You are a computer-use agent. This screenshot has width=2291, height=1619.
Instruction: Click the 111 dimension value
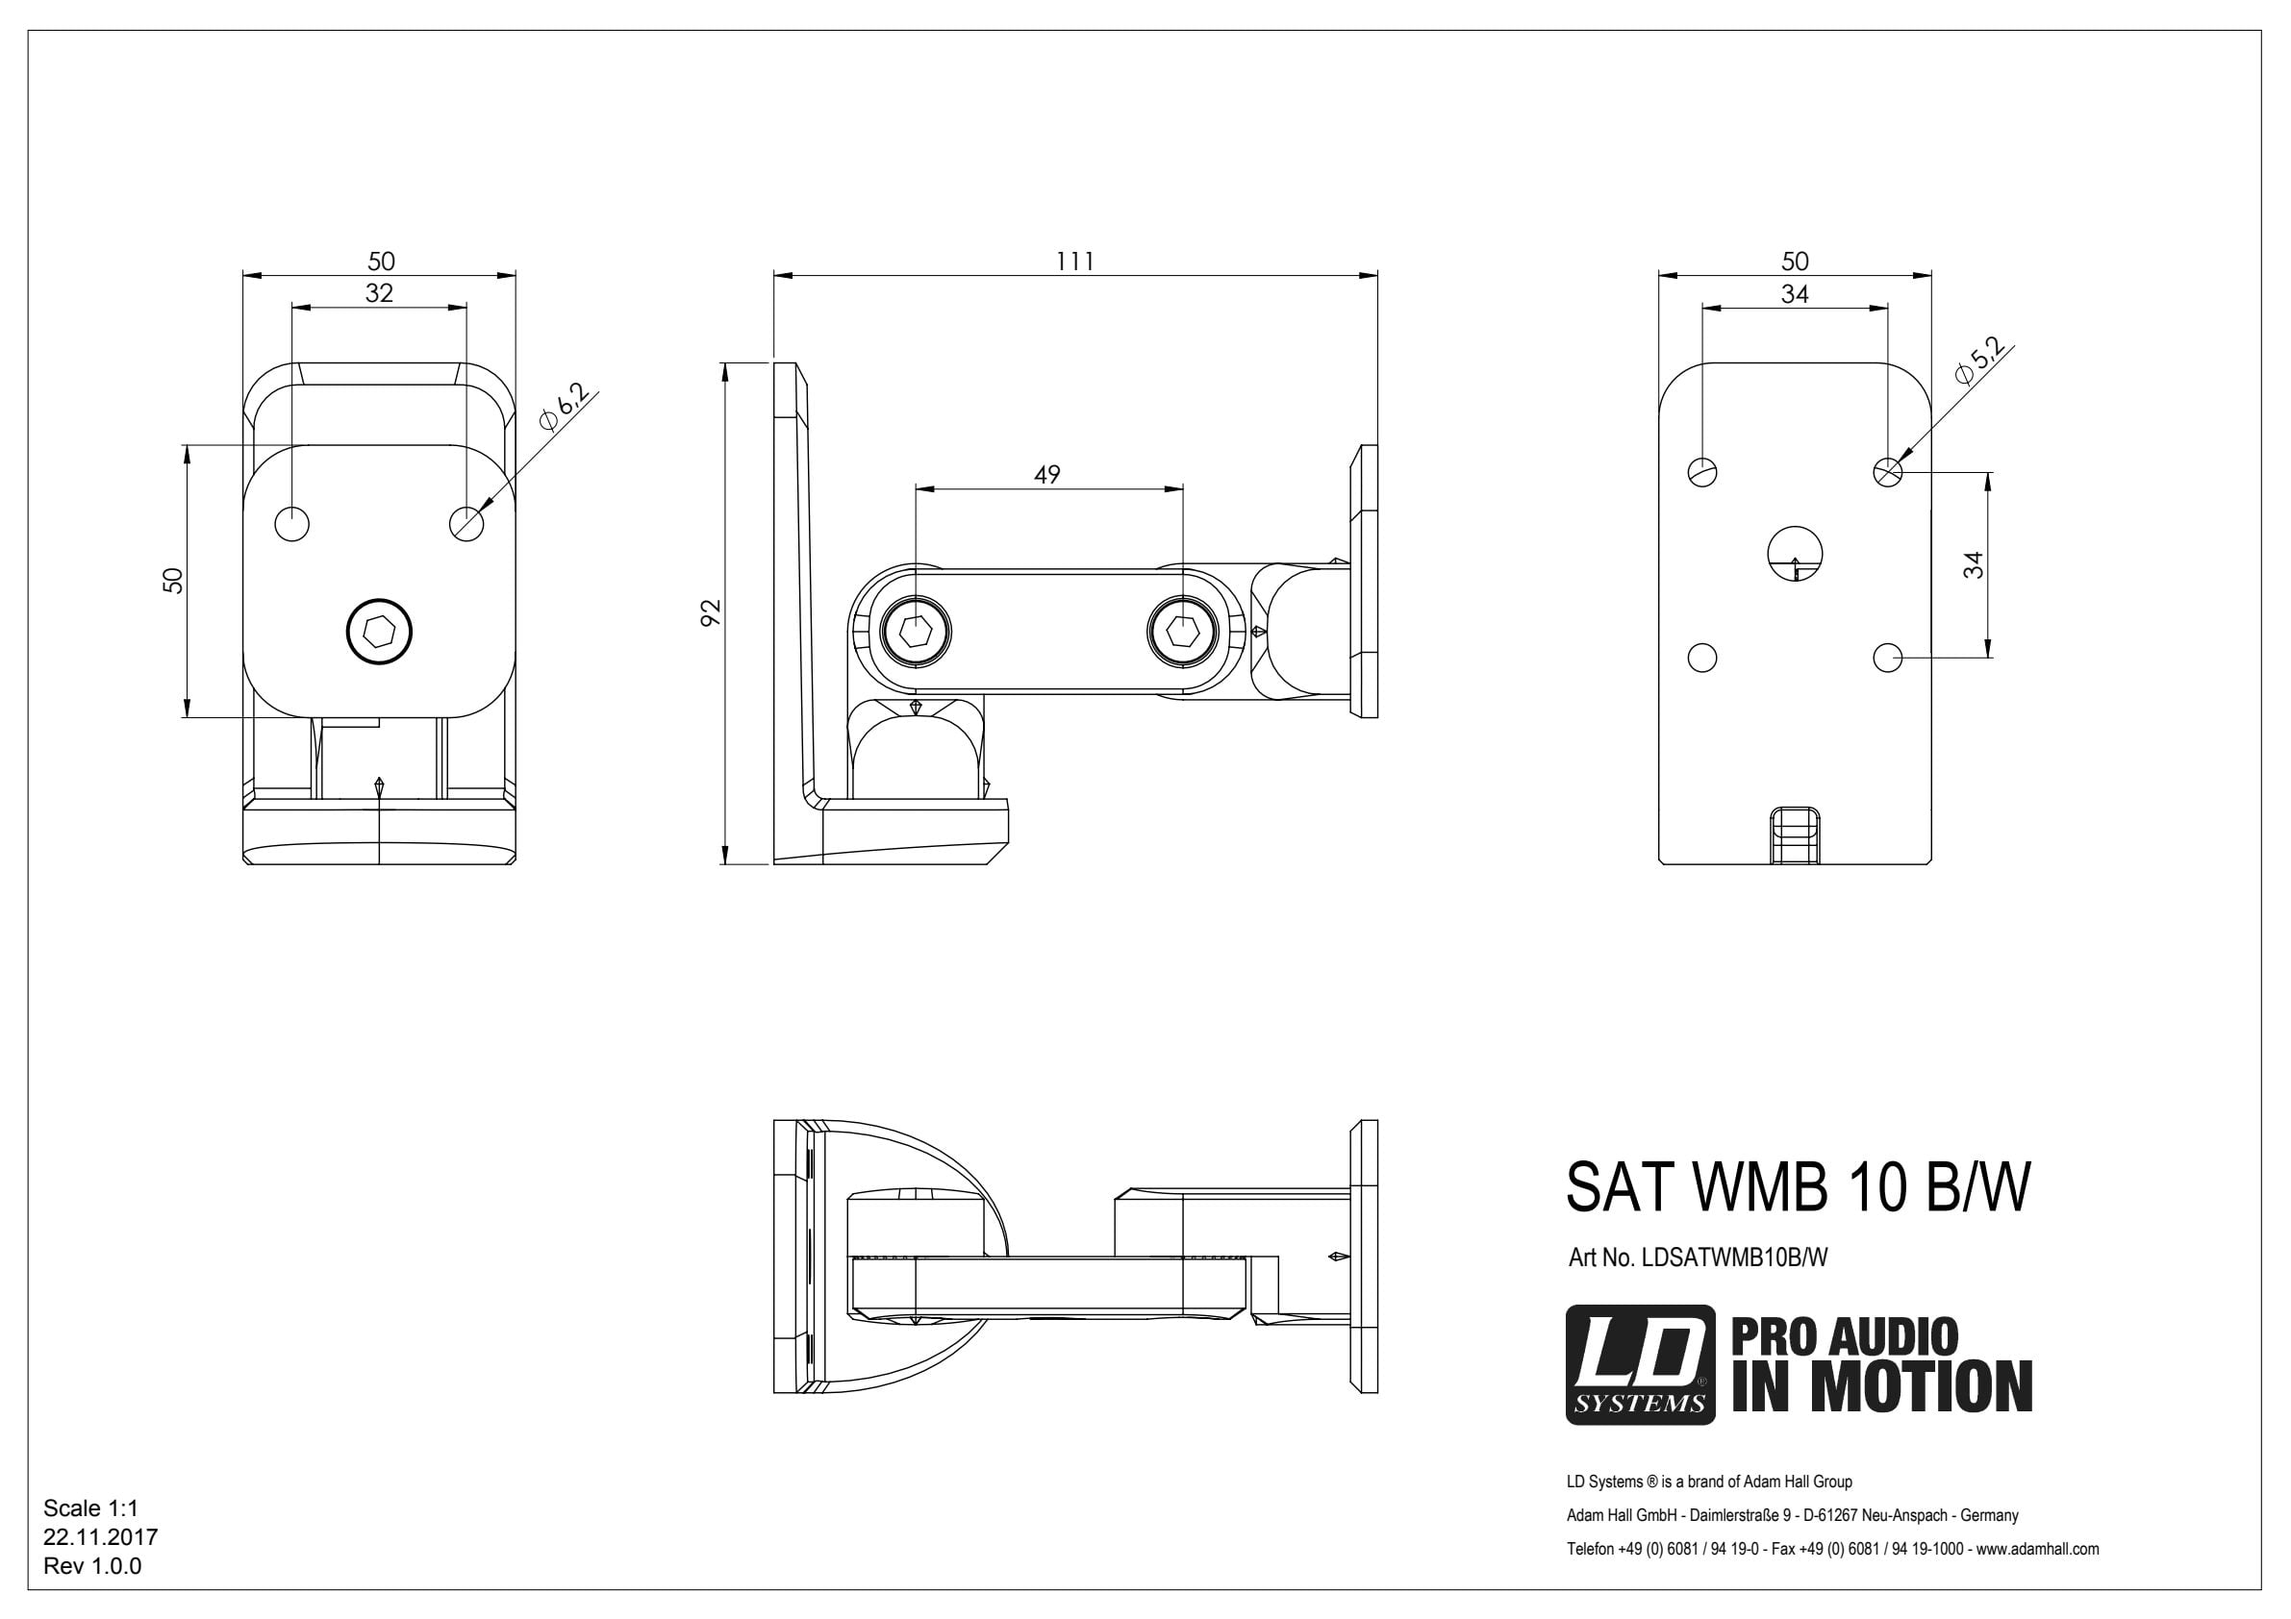[x=1075, y=262]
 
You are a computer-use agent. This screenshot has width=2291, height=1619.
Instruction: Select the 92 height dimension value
[x=710, y=612]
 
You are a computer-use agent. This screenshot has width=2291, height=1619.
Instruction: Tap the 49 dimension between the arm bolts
[x=1046, y=475]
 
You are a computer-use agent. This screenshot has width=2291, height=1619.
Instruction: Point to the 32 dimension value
[x=379, y=293]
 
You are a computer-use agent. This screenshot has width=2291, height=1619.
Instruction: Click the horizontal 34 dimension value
[x=1795, y=294]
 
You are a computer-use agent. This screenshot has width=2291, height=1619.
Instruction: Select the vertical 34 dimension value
[x=1974, y=564]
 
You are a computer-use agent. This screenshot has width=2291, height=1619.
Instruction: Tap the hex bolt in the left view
[x=379, y=631]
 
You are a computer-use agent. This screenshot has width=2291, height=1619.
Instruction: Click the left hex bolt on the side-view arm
[x=917, y=631]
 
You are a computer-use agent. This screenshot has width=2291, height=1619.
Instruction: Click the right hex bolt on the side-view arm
[x=1182, y=631]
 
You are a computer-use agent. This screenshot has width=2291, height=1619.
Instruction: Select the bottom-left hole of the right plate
[x=1702, y=658]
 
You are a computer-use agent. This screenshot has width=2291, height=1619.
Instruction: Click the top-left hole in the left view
[x=292, y=523]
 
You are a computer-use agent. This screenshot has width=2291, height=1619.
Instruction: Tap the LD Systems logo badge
[x=1641, y=1364]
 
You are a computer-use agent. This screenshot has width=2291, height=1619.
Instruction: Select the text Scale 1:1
[x=90, y=1508]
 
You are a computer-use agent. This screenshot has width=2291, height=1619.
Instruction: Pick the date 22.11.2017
[x=100, y=1537]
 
